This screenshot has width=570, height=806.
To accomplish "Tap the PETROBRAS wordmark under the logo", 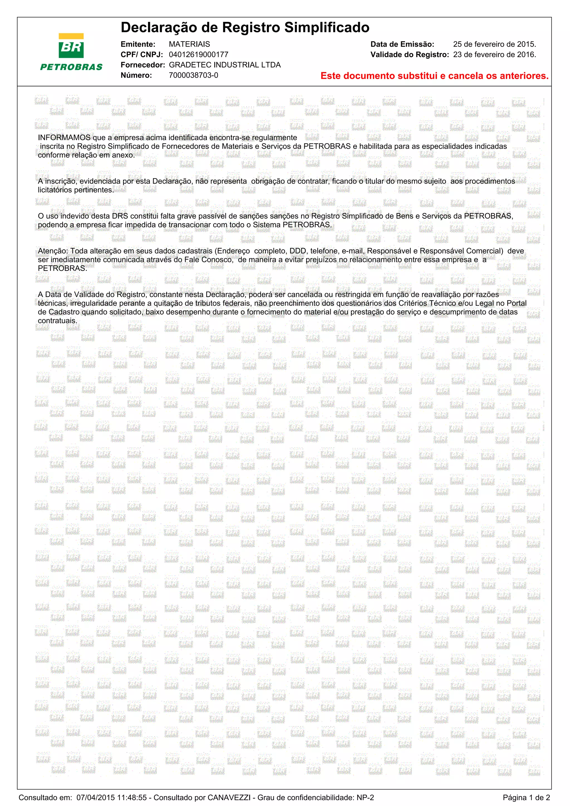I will click(x=71, y=67).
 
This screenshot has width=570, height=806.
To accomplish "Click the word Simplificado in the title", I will click(x=326, y=27).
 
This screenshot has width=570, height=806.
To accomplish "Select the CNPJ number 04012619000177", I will click(x=198, y=55).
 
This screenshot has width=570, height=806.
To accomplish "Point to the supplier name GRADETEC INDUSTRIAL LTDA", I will click(x=225, y=65).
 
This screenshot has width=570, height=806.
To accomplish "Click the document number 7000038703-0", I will click(x=193, y=75).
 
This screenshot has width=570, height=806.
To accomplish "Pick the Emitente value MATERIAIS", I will click(x=189, y=44).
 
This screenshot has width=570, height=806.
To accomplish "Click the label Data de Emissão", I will click(x=402, y=44).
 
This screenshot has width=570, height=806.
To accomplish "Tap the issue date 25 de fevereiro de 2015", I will click(x=494, y=44).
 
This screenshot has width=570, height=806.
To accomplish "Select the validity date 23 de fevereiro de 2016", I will click(x=494, y=55).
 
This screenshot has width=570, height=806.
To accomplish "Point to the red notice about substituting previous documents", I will click(x=434, y=76).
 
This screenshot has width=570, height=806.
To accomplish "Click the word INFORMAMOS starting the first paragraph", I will click(x=64, y=137).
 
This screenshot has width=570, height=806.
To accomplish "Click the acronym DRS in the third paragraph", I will click(x=120, y=216).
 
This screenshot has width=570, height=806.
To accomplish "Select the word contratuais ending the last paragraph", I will click(x=57, y=321).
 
